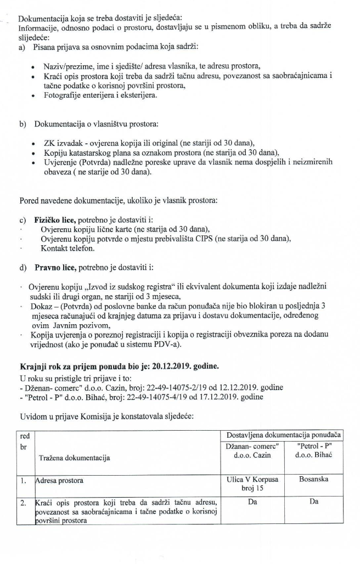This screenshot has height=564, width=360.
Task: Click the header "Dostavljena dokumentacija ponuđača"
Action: [284, 435]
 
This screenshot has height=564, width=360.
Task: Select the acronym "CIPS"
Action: [224, 239]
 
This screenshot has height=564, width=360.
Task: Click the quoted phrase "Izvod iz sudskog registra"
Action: [122, 287]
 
